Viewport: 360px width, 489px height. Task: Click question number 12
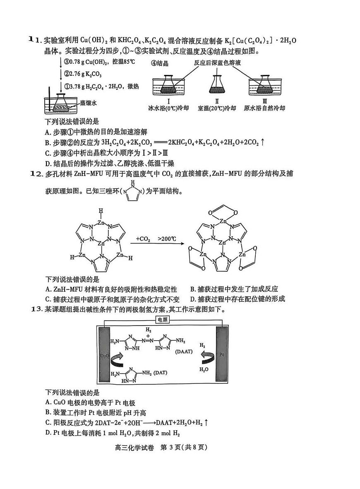pos(37,174)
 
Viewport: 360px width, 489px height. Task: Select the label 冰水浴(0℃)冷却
pos(168,108)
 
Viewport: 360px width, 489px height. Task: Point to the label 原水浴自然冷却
pos(264,108)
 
